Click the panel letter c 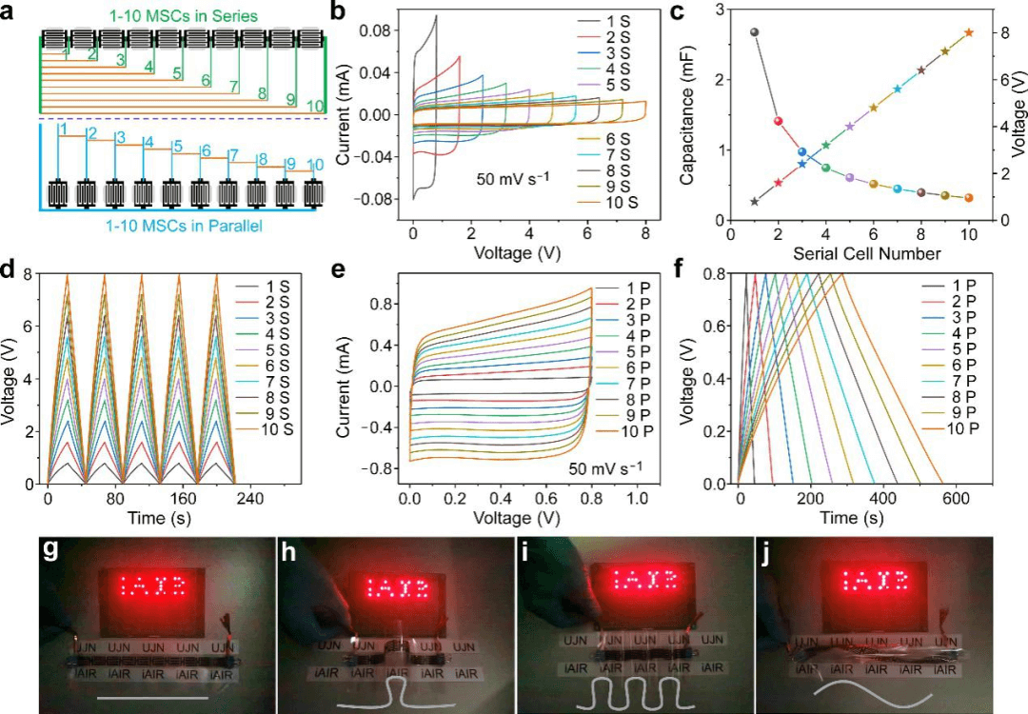678,13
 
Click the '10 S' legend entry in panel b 619,203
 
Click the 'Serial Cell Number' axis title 849,253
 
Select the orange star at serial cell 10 969,32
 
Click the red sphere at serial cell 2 779,121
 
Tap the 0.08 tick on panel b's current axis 385,30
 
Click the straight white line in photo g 152,699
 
